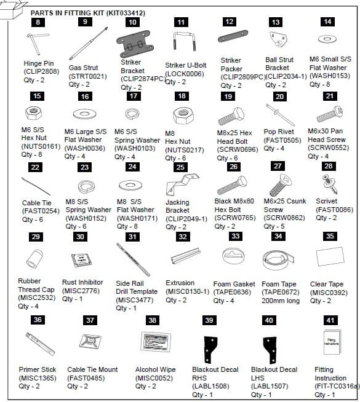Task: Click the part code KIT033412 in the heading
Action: pyautogui.click(x=124, y=12)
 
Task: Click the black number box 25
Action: pyautogui.click(x=180, y=167)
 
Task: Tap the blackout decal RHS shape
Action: pyautogui.click(x=212, y=348)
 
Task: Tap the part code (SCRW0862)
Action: pyautogui.click(x=281, y=218)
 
